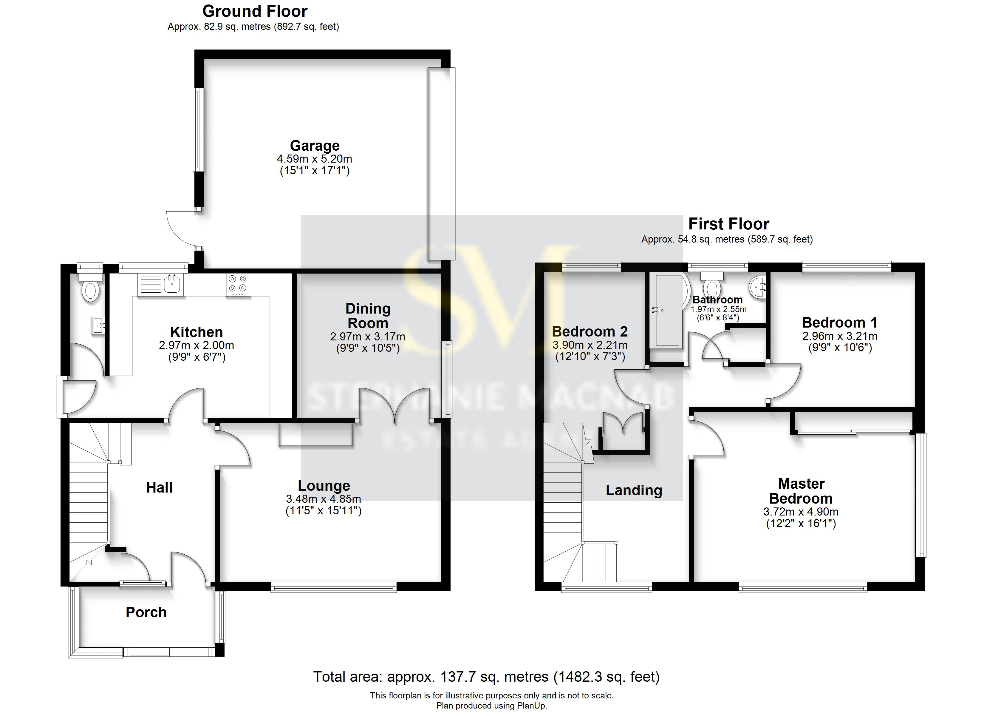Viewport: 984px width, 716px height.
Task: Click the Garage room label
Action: pos(315,146)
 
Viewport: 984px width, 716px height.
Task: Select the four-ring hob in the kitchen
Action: pos(238,284)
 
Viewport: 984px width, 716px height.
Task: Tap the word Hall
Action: pos(159,487)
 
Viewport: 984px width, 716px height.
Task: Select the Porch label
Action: pos(146,612)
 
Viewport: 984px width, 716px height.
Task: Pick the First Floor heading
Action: pos(728,224)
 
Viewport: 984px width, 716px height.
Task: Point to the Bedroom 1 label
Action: pos(839,322)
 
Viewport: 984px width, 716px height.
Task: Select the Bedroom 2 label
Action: pos(590,332)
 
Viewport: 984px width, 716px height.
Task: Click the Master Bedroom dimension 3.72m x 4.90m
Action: pos(801,512)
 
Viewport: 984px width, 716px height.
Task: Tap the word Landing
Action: pos(634,490)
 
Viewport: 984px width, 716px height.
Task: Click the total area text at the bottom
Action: pos(486,677)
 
